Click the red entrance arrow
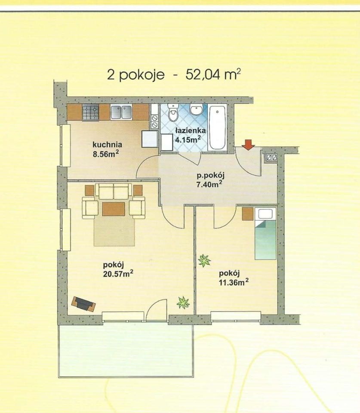248,145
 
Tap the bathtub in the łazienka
217,127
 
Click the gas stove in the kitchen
91,112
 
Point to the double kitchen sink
121,112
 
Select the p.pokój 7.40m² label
210,180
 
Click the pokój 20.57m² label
118,269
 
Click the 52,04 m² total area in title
213,74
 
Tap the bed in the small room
265,233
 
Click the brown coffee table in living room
114,209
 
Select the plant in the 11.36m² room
204,261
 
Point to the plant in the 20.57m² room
183,302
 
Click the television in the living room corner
83,304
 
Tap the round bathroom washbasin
196,110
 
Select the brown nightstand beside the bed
248,214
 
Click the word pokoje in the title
142,75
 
